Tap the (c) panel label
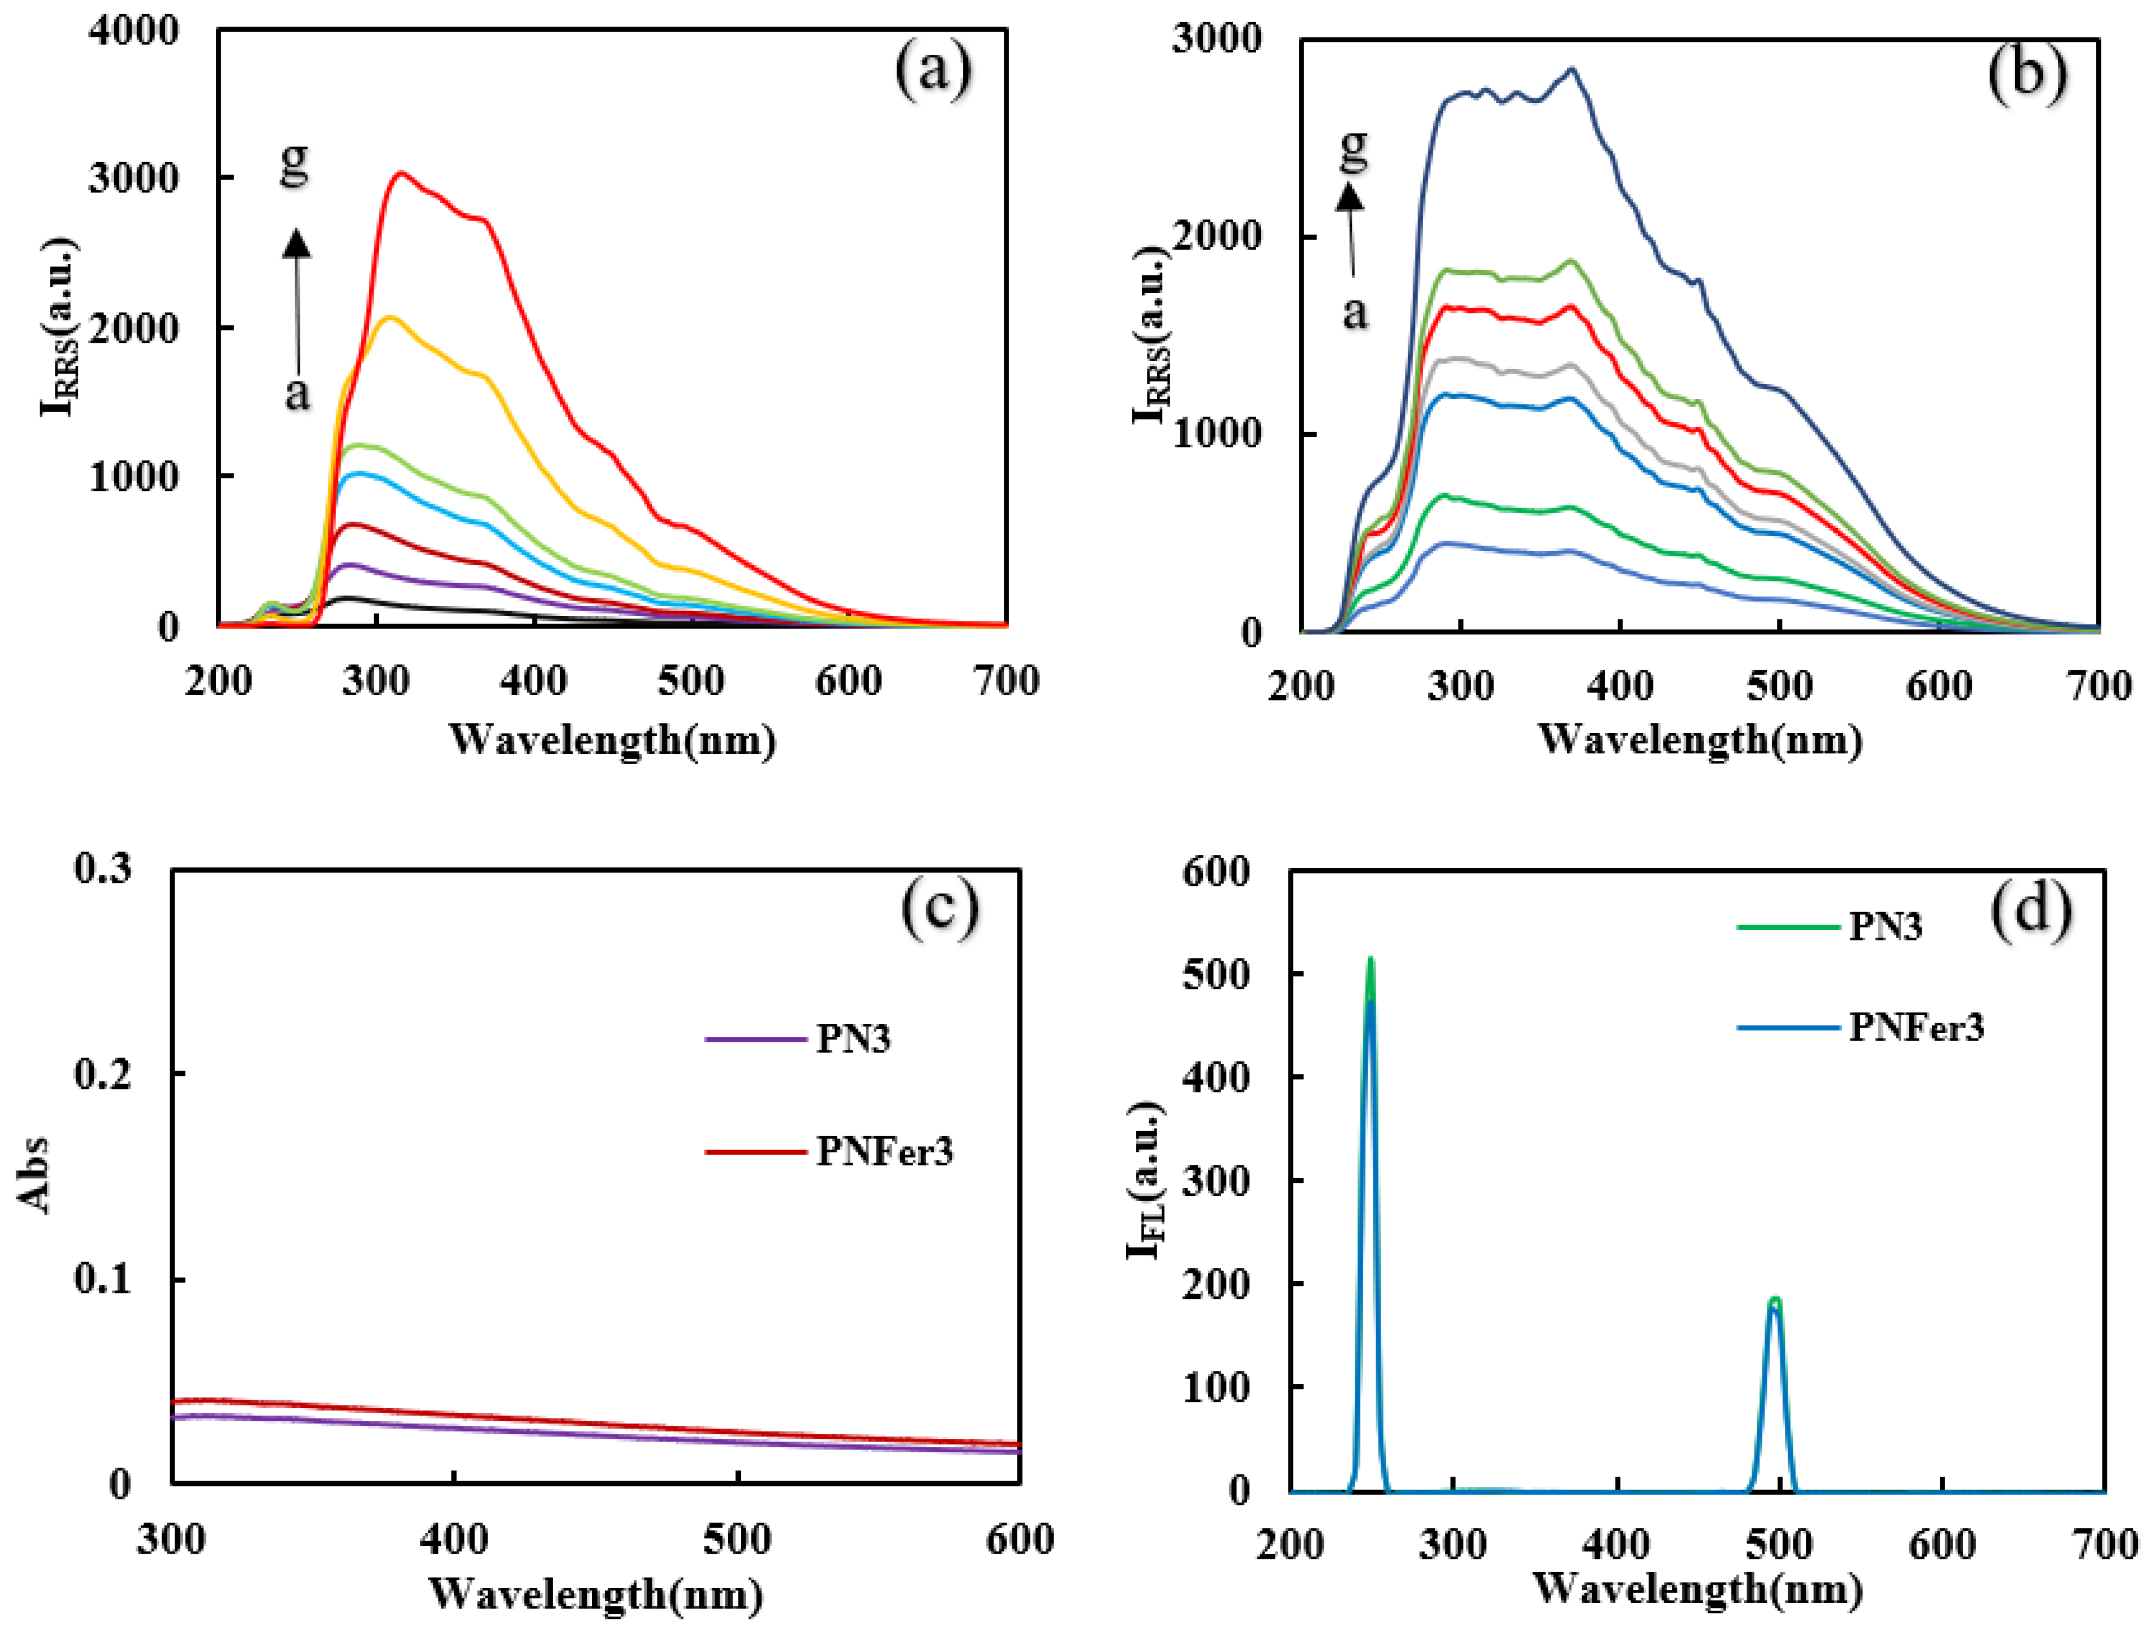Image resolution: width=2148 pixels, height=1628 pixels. coord(939,908)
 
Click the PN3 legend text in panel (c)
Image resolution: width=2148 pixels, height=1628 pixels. coord(852,1039)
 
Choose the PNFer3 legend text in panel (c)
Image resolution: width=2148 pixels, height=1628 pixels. coord(884,1151)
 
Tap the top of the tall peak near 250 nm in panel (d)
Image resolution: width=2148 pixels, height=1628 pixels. coord(1370,960)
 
